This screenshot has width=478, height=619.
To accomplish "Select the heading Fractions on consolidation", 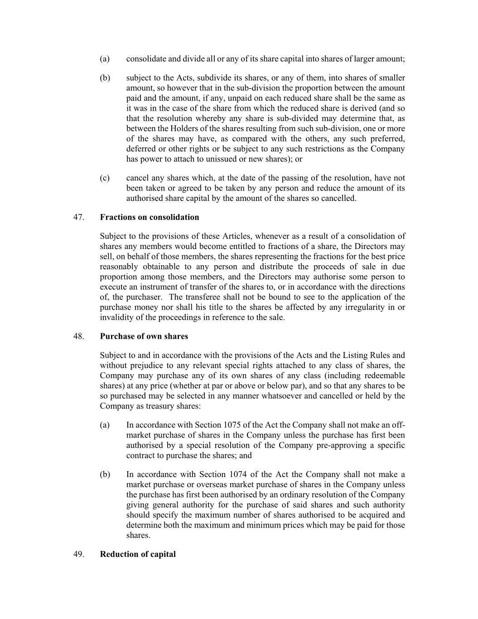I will [150, 217].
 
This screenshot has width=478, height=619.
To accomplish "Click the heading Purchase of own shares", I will [144, 336].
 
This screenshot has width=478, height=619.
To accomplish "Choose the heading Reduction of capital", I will [138, 554].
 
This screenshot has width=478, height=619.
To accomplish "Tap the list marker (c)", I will [105, 178].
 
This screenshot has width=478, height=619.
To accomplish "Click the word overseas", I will [207, 484].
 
